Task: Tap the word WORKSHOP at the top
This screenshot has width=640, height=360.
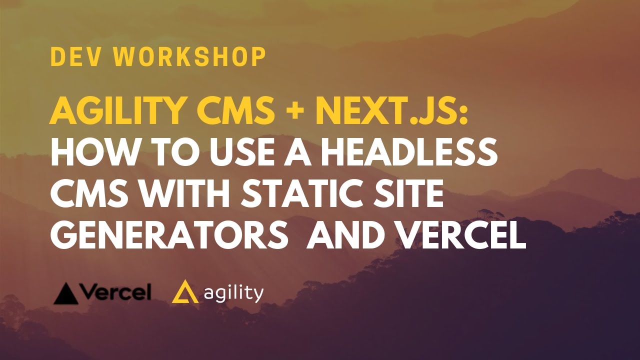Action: (190, 57)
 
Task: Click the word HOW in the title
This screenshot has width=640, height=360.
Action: (88, 153)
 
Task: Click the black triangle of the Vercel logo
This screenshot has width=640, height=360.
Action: (65, 294)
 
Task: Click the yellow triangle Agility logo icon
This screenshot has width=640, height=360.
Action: (184, 292)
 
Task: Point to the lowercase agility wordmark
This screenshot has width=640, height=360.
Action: (233, 293)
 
